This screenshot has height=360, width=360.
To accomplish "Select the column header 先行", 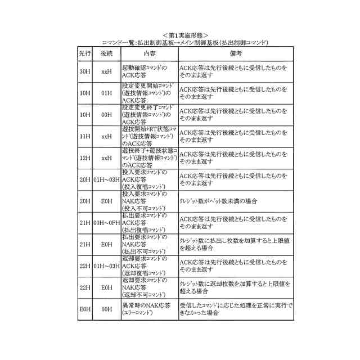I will click(x=85, y=53).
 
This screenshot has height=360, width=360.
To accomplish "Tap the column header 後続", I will click(x=107, y=53).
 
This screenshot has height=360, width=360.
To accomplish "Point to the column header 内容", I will click(x=149, y=53).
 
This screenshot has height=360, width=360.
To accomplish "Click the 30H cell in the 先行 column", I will click(x=85, y=72).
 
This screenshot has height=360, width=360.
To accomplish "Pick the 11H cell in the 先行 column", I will click(x=85, y=136).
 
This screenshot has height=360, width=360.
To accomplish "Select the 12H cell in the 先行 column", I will click(x=85, y=158).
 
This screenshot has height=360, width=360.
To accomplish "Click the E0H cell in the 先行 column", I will click(x=85, y=309).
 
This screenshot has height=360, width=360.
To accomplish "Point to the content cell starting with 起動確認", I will click(x=149, y=72).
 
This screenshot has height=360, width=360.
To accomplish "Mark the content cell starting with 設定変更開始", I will click(x=149, y=93).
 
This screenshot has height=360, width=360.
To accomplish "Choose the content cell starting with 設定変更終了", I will click(x=149, y=115).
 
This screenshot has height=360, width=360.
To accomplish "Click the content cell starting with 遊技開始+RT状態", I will click(x=149, y=136).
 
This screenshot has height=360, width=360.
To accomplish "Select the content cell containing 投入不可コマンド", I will click(x=149, y=201).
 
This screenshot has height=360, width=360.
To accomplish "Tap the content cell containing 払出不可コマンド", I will click(x=149, y=244).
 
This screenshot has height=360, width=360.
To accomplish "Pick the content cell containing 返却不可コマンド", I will click(x=149, y=287).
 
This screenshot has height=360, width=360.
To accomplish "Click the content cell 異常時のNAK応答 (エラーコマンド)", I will click(x=149, y=309).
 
